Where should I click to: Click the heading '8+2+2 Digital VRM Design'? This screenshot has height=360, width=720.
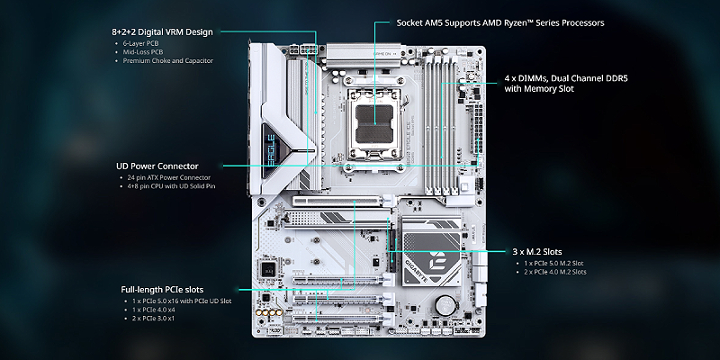163,31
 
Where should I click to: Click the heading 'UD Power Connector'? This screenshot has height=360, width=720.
157,166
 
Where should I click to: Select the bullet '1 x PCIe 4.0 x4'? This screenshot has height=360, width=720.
155,309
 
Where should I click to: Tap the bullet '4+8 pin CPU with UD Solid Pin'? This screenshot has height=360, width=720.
172,186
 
